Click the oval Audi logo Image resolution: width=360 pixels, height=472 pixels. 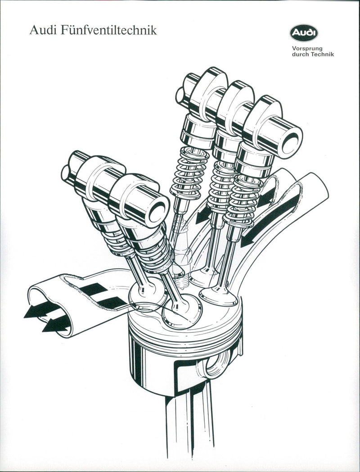(x=304, y=33)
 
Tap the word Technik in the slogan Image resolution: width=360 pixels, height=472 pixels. (x=322, y=55)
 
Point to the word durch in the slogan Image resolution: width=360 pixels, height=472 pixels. (x=301, y=55)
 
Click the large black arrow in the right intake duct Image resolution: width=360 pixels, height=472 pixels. (x=270, y=221)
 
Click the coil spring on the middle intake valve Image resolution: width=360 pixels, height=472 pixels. (x=220, y=185)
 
